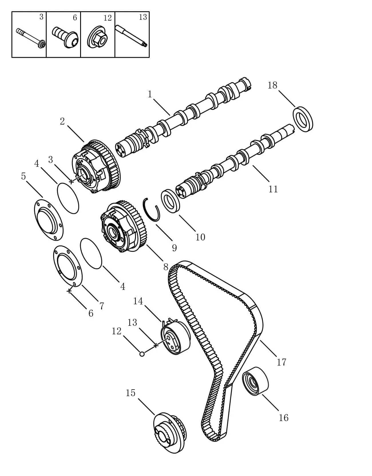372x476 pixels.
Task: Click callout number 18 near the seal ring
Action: (x=272, y=85)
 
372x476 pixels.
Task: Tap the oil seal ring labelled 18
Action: (x=303, y=119)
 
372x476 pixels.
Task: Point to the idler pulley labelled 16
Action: (x=255, y=381)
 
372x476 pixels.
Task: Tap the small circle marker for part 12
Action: (x=142, y=354)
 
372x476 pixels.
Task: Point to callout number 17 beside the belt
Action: (x=282, y=362)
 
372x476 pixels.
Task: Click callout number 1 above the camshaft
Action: (x=150, y=94)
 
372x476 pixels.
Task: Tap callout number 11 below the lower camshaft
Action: (x=273, y=189)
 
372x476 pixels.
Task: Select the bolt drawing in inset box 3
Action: (x=30, y=37)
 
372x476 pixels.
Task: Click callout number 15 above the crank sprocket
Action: (x=130, y=393)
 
